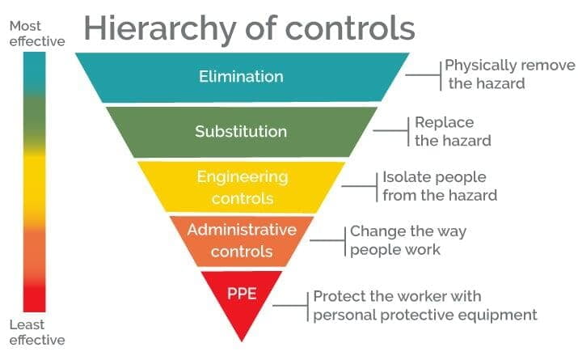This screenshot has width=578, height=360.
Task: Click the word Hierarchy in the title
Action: pyautogui.click(x=160, y=29)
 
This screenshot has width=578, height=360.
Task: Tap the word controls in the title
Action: pyautogui.click(x=350, y=28)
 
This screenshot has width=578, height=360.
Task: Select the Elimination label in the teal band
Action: pyautogui.click(x=241, y=76)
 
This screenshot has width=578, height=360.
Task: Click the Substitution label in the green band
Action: pyautogui.click(x=241, y=131)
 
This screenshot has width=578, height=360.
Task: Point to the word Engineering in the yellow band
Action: pyautogui.click(x=243, y=177)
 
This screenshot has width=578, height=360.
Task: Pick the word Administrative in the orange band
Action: pyautogui.click(x=242, y=230)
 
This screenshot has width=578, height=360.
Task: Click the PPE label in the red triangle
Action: pyautogui.click(x=242, y=294)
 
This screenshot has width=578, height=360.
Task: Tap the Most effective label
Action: pyautogui.click(x=37, y=33)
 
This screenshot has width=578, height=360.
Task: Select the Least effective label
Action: pyautogui.click(x=37, y=332)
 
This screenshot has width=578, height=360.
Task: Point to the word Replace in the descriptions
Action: pyautogui.click(x=444, y=122)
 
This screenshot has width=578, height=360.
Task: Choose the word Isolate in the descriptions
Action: pyautogui.click(x=404, y=176)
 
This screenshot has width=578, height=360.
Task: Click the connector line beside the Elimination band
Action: pyautogui.click(x=423, y=75)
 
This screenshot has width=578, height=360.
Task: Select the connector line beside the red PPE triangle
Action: pyautogui.click(x=290, y=306)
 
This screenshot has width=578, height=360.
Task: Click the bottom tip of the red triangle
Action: pyautogui.click(x=242, y=341)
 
